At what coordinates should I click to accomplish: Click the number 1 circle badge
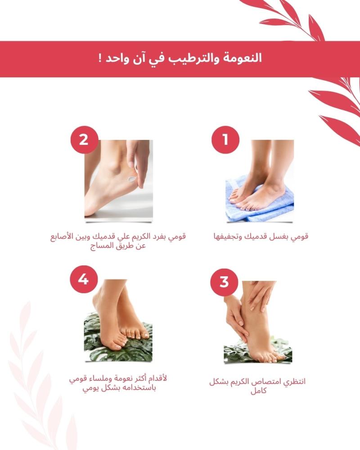coord(225,140)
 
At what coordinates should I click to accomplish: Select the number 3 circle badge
coord(224,282)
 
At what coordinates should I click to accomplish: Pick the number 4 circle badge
coord(84,279)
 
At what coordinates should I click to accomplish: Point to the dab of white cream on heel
coord(132,179)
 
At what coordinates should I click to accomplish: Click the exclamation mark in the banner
coord(100,58)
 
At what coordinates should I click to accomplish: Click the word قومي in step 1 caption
coord(300,237)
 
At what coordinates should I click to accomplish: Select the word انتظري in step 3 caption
coord(294,382)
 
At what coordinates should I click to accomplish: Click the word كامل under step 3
coord(259,391)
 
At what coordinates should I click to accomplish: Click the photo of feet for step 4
coord(118,320)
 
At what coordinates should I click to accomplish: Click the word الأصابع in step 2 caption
coord(62,237)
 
